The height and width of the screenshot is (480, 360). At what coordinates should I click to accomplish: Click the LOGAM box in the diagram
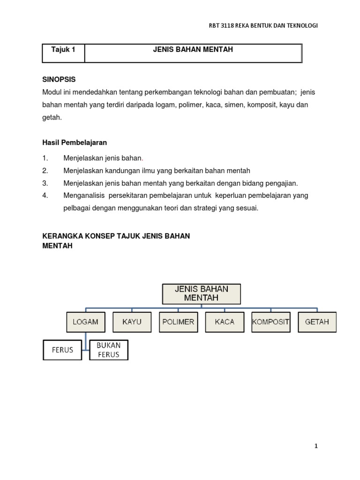coord(85,322)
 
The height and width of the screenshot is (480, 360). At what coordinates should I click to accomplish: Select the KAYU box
coord(132,322)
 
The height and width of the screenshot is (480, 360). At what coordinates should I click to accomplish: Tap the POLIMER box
coord(178,322)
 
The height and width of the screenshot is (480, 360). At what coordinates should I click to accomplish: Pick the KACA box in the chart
coord(225,322)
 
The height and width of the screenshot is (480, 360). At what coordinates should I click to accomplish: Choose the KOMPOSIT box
coord(270,322)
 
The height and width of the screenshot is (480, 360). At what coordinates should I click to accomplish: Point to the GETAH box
coord(317,322)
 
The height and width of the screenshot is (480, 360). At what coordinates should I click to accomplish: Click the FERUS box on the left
coord(62,350)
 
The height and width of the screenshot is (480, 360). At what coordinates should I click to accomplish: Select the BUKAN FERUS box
coord(108,350)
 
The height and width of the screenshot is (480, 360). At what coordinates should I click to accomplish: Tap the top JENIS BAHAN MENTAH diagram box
coord(201,293)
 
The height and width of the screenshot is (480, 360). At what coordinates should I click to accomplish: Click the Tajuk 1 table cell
coord(63,50)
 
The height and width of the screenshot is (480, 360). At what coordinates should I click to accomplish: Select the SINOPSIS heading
coord(59,79)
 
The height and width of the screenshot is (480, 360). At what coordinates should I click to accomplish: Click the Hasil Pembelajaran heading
coord(75,142)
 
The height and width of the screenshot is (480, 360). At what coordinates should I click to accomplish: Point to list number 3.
coord(45,183)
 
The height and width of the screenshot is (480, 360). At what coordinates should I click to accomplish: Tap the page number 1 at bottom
coord(316,446)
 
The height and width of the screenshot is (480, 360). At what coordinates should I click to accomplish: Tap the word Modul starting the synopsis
coord(51,92)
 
